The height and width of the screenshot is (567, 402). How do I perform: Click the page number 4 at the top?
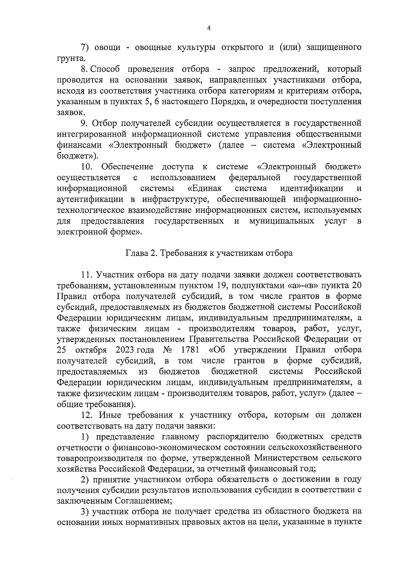pos(209,28)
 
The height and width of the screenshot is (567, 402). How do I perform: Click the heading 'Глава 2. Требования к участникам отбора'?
pos(209,253)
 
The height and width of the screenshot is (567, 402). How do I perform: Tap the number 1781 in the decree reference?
pos(190,350)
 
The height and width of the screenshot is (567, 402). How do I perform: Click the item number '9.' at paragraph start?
pos(84,124)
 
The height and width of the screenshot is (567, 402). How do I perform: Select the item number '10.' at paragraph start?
pos(86,167)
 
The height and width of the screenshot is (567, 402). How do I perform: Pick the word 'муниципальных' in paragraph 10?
pos(281,221)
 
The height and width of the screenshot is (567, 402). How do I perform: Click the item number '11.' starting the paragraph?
pos(87,275)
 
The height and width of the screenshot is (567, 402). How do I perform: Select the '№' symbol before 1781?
pos(167,350)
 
